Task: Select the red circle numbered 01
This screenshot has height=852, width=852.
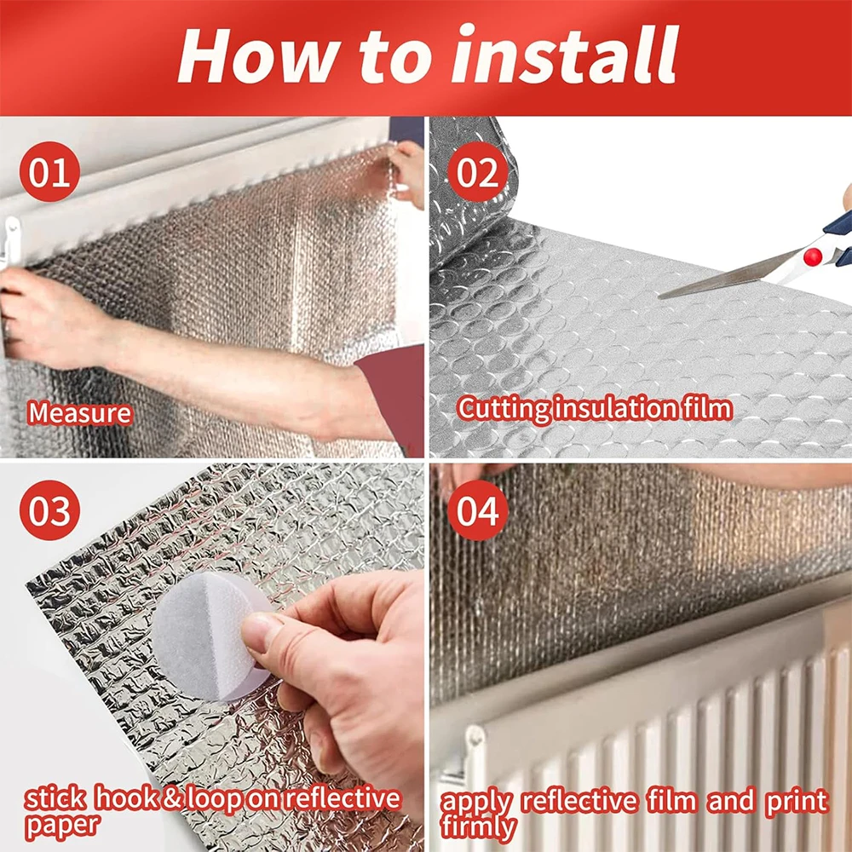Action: pos(50,171)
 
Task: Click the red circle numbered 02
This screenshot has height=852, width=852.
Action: pos(478,171)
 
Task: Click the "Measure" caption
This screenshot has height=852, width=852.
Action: pos(80,413)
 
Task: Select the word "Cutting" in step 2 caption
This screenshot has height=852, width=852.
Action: pos(504,409)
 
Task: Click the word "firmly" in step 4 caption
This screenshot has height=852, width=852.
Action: pos(478,826)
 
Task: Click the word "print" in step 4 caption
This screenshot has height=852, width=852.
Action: pos(796,801)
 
